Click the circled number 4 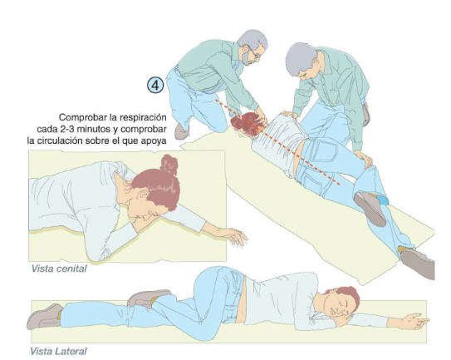(155, 86)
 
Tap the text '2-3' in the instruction (67, 129)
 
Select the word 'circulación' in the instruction (61, 141)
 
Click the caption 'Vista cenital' (59, 269)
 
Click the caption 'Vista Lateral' (58, 352)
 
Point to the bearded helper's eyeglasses (256, 54)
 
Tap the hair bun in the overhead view (169, 165)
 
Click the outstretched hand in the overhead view (233, 234)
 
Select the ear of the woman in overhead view (142, 194)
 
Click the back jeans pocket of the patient (325, 150)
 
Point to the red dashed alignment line (277, 142)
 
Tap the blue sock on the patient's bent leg (382, 200)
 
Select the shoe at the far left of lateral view (44, 317)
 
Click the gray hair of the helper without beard (301, 58)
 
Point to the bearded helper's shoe (181, 131)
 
